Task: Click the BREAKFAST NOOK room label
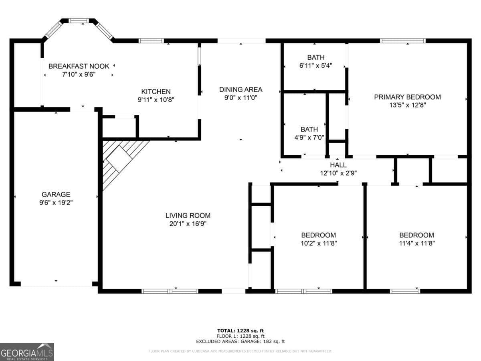pos(79,66)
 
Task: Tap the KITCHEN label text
pos(156,91)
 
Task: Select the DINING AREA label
pos(240,89)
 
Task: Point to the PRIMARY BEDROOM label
pos(407,97)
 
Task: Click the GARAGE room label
pos(56,194)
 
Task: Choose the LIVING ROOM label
pos(188,215)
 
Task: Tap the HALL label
pos(338,165)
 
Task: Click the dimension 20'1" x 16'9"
pos(188,224)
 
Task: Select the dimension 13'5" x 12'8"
pos(407,105)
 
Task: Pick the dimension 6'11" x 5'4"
pos(316,65)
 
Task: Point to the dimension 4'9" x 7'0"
pos(309,138)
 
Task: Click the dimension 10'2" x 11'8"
pos(318,243)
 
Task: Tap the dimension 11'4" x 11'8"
pos(416,243)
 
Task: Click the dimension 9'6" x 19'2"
pos(56,203)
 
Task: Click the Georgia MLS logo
pos(27,352)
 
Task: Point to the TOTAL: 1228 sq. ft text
pos(240,331)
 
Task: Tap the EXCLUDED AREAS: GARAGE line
pos(240,341)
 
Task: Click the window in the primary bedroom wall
pos(402,41)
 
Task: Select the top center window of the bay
pos(79,21)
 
